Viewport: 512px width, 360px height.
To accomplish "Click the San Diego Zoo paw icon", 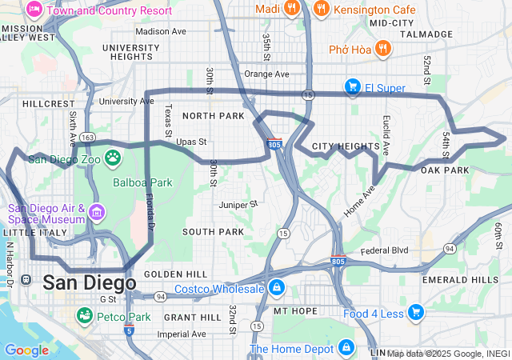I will pos(113,158).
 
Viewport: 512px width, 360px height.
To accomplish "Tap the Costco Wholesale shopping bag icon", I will pos(276,287).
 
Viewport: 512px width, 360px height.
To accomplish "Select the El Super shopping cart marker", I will pos(351,86).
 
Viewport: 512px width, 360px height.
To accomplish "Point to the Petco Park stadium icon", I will pos(83,317).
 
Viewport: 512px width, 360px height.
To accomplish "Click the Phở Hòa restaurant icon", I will pos(383,50).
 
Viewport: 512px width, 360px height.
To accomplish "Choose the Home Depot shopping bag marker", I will pos(346,348).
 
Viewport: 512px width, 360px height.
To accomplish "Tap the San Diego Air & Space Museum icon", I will pos(97,213).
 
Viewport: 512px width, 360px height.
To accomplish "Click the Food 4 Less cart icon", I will pos(415,313).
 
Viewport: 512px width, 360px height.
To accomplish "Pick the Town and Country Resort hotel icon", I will pos(34,10).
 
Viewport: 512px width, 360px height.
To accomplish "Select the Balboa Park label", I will pos(142,182).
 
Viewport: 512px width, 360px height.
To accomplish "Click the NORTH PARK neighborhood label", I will pos(212,116).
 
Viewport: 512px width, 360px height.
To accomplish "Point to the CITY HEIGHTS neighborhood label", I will pos(345,146).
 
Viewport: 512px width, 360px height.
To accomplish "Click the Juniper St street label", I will pos(238,204).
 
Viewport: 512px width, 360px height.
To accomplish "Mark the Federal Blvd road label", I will pos(384,250).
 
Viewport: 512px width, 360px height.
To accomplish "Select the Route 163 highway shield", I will pos(87,138).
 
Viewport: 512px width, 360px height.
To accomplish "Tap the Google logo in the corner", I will pos(26,350).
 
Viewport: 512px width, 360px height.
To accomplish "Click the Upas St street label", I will pos(191,142).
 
